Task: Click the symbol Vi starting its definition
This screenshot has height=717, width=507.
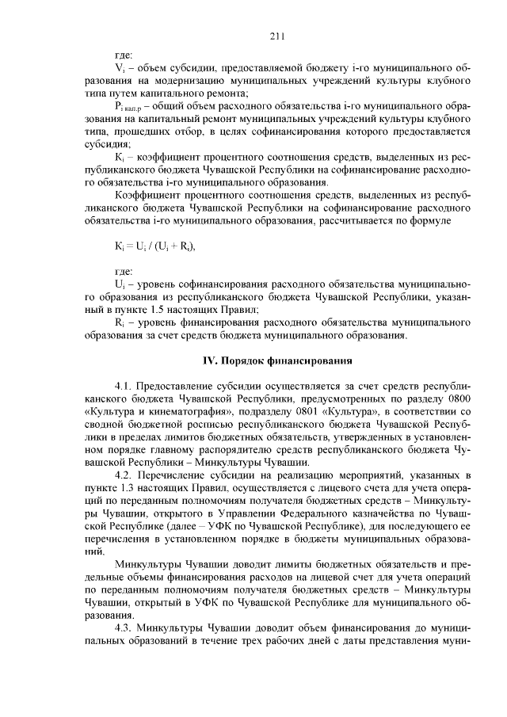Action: pos(120,69)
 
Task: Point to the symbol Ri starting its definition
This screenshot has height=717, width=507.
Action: pos(120,322)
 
